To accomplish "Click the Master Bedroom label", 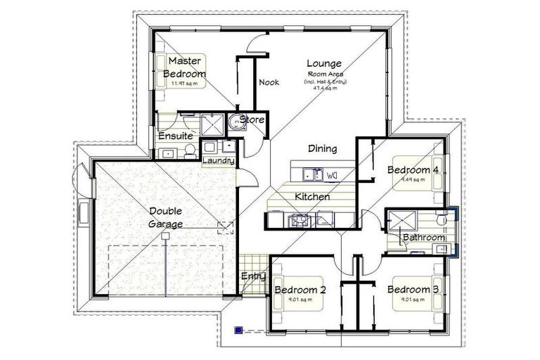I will coord(184,67).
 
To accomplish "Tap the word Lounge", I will coord(325,63).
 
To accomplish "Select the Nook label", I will coord(269,82).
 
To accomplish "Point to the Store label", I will coord(252,120).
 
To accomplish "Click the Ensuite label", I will coord(175,136).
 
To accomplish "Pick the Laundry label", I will coord(218,161).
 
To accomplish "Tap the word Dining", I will coord(322,148).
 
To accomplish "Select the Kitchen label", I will coord(312,197).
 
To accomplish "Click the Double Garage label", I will coord(166,217).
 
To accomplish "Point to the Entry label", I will coord(253,276).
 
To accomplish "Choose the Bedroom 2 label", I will coord(300,290).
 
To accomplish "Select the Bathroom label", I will coord(423,238).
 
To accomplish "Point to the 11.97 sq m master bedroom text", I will coord(185,83).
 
